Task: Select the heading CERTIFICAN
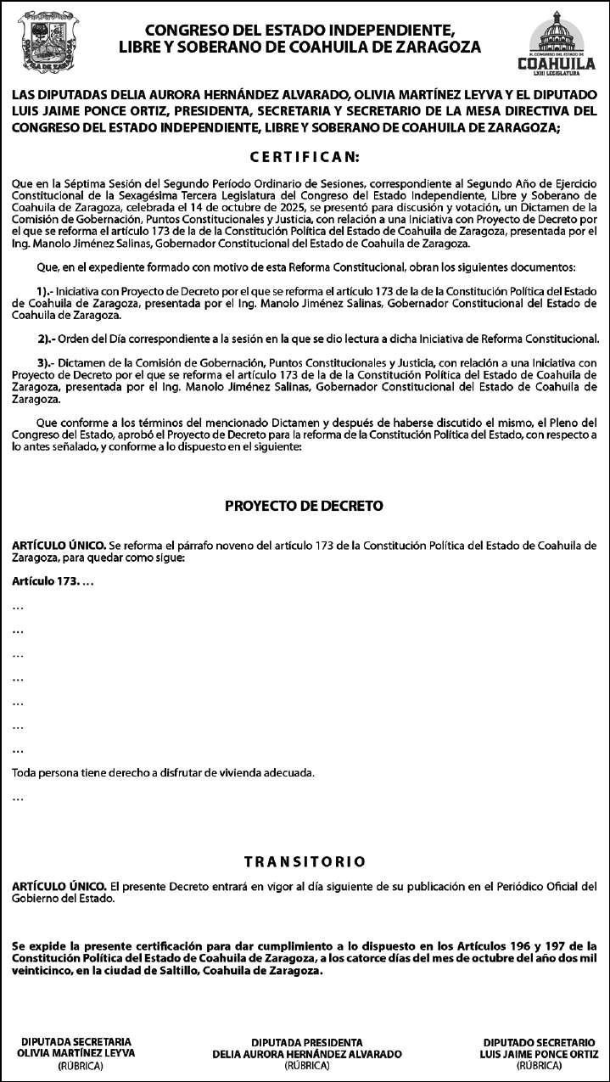click(x=305, y=158)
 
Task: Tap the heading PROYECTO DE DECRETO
click(x=304, y=506)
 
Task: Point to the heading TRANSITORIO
click(x=305, y=861)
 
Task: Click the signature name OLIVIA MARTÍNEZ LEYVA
click(x=76, y=1052)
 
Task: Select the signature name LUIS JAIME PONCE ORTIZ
click(x=539, y=1053)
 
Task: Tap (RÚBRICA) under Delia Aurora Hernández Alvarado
click(x=306, y=1065)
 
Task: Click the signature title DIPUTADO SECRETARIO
click(x=539, y=1042)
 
